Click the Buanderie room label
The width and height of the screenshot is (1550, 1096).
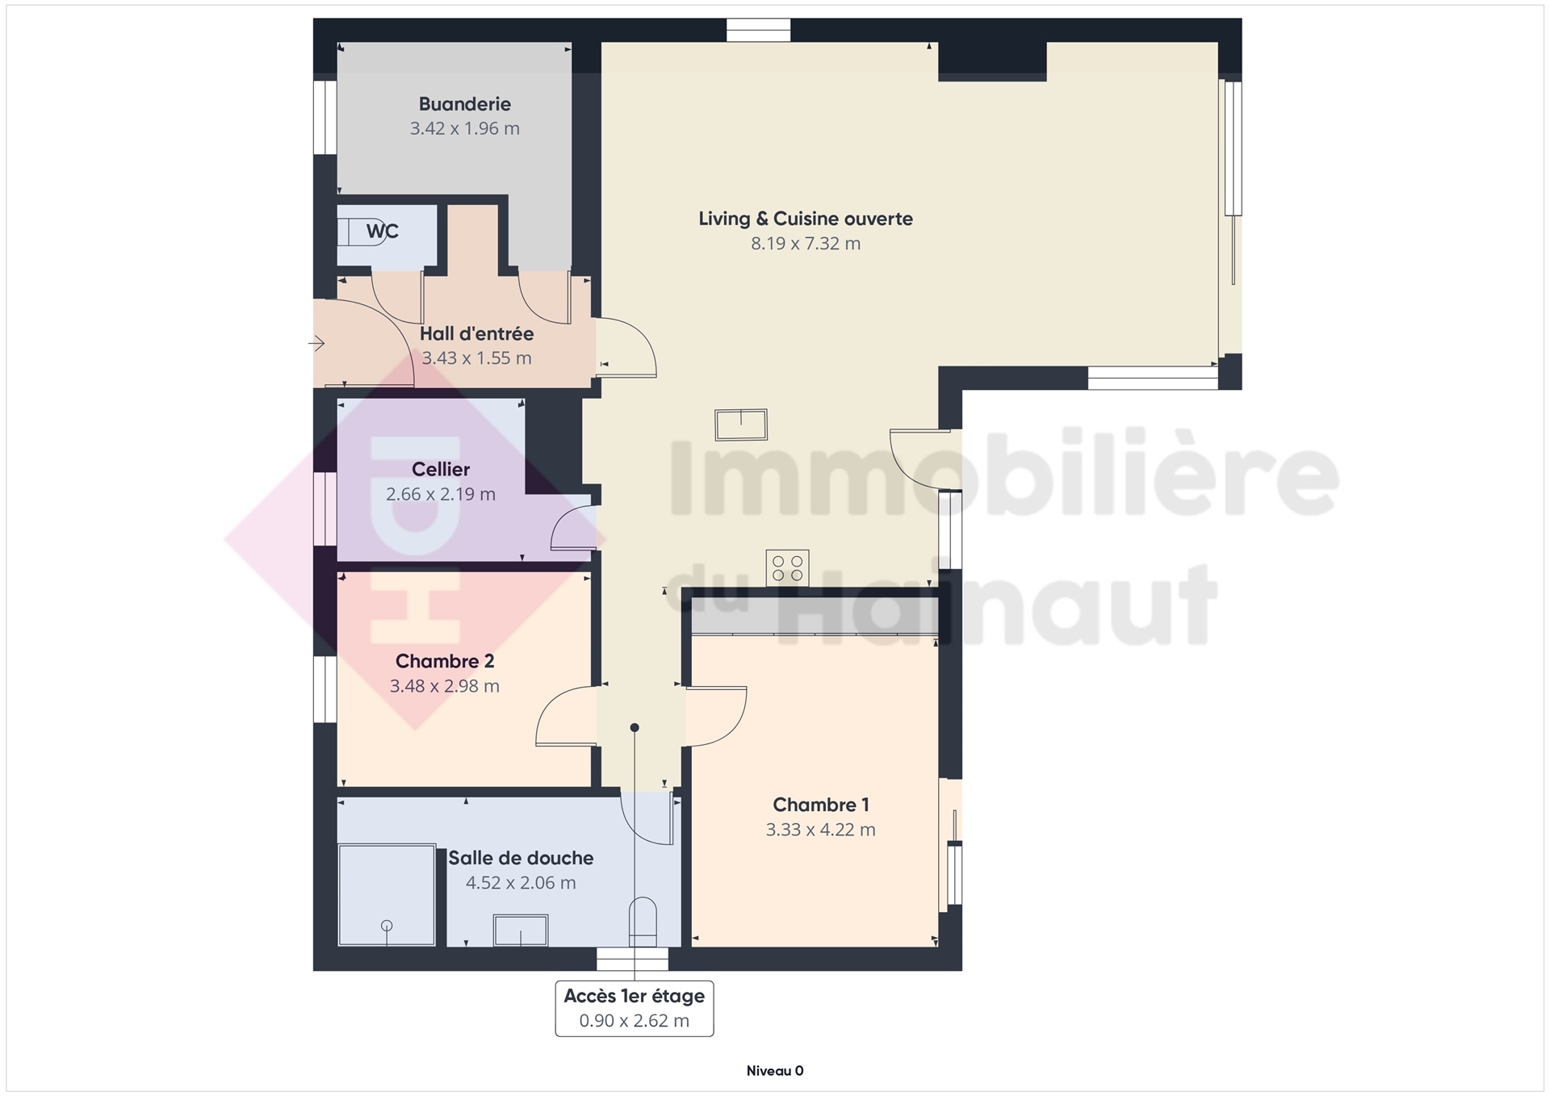click(464, 104)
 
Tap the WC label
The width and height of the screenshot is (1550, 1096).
click(382, 232)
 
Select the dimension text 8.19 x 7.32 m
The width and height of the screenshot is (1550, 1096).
click(806, 244)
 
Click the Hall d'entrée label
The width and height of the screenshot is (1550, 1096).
click(476, 333)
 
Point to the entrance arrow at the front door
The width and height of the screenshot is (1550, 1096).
click(316, 344)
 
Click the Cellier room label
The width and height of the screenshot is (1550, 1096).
click(441, 470)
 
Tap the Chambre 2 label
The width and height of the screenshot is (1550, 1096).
click(445, 662)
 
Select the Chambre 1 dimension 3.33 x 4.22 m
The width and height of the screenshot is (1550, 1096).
click(820, 830)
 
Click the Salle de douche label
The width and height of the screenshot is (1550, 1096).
click(521, 858)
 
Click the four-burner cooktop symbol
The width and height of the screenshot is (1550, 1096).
click(787, 567)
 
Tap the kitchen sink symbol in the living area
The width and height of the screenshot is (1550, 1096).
click(741, 425)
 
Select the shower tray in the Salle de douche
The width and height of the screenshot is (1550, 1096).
click(387, 895)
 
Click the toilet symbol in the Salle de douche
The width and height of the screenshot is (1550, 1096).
click(643, 922)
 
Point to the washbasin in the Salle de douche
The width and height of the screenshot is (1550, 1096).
click(521, 931)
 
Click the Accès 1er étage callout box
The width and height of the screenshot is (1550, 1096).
click(635, 1008)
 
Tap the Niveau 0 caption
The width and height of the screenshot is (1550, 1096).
click(775, 1071)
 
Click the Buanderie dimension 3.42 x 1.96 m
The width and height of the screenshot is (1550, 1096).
click(465, 128)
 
